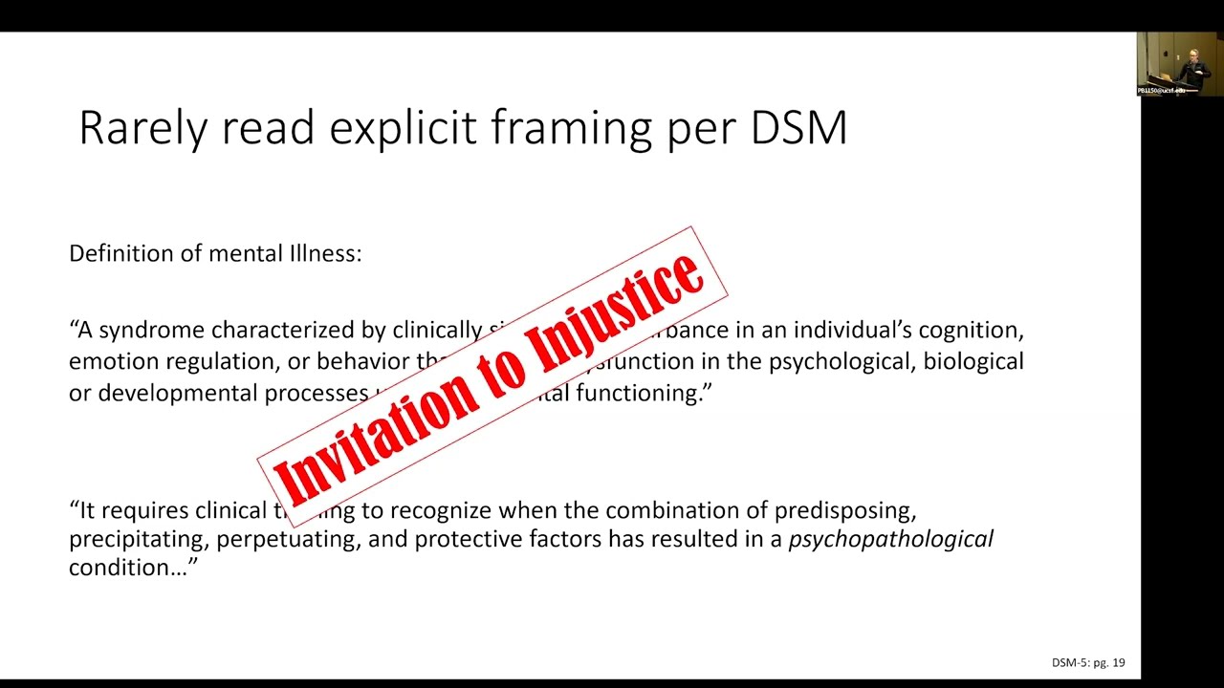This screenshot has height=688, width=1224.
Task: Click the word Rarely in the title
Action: click(142, 128)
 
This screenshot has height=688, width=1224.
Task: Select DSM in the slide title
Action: click(798, 128)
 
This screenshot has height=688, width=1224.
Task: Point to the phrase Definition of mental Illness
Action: click(215, 253)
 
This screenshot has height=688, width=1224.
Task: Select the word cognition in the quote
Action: click(970, 331)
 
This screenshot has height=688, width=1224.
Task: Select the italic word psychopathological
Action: click(890, 539)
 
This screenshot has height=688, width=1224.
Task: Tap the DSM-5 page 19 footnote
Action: click(1088, 662)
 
